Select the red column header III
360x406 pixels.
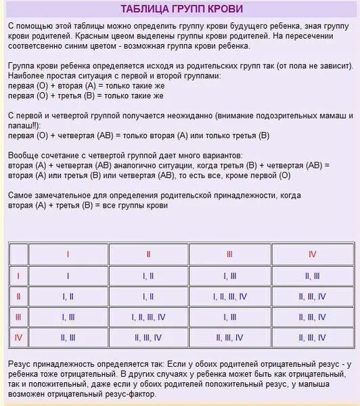click(230, 254)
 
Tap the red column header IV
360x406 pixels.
click(312, 254)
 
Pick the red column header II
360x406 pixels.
click(148, 254)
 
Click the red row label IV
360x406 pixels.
click(18, 337)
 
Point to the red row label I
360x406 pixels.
click(18, 275)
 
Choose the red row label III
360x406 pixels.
click(18, 317)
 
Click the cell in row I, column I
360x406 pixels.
click(68, 275)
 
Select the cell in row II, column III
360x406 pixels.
click(230, 296)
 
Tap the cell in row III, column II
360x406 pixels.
click(148, 317)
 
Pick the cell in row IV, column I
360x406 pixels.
click(68, 337)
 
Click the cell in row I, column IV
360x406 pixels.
click(312, 275)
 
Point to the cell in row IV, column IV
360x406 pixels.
click(312, 337)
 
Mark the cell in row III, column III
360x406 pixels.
click(230, 317)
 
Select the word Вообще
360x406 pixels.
click(25, 156)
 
